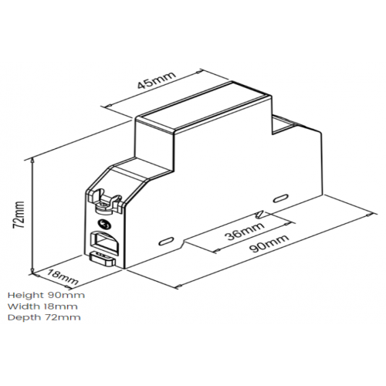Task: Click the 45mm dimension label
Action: click(156, 80)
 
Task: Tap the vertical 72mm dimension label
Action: click(19, 215)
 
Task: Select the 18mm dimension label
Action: click(63, 276)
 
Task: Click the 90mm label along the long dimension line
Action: click(269, 243)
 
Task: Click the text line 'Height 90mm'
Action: click(46, 295)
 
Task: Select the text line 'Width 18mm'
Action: click(42, 306)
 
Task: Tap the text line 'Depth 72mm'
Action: click(44, 317)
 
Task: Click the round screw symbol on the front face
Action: click(105, 225)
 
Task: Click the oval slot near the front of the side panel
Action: click(165, 242)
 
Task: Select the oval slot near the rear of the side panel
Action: click(280, 199)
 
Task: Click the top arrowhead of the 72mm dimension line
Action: click(32, 160)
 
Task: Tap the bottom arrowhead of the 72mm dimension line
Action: click(32, 271)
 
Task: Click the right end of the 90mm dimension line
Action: click(371, 214)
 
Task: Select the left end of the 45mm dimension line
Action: click(108, 106)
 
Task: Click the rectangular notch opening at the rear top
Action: click(283, 125)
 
